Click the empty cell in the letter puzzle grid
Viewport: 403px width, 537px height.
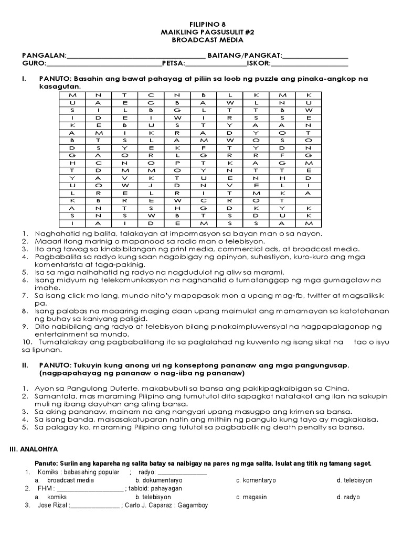click(309, 200)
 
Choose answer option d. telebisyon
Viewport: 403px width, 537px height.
click(354, 480)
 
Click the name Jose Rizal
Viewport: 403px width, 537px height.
click(52, 506)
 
